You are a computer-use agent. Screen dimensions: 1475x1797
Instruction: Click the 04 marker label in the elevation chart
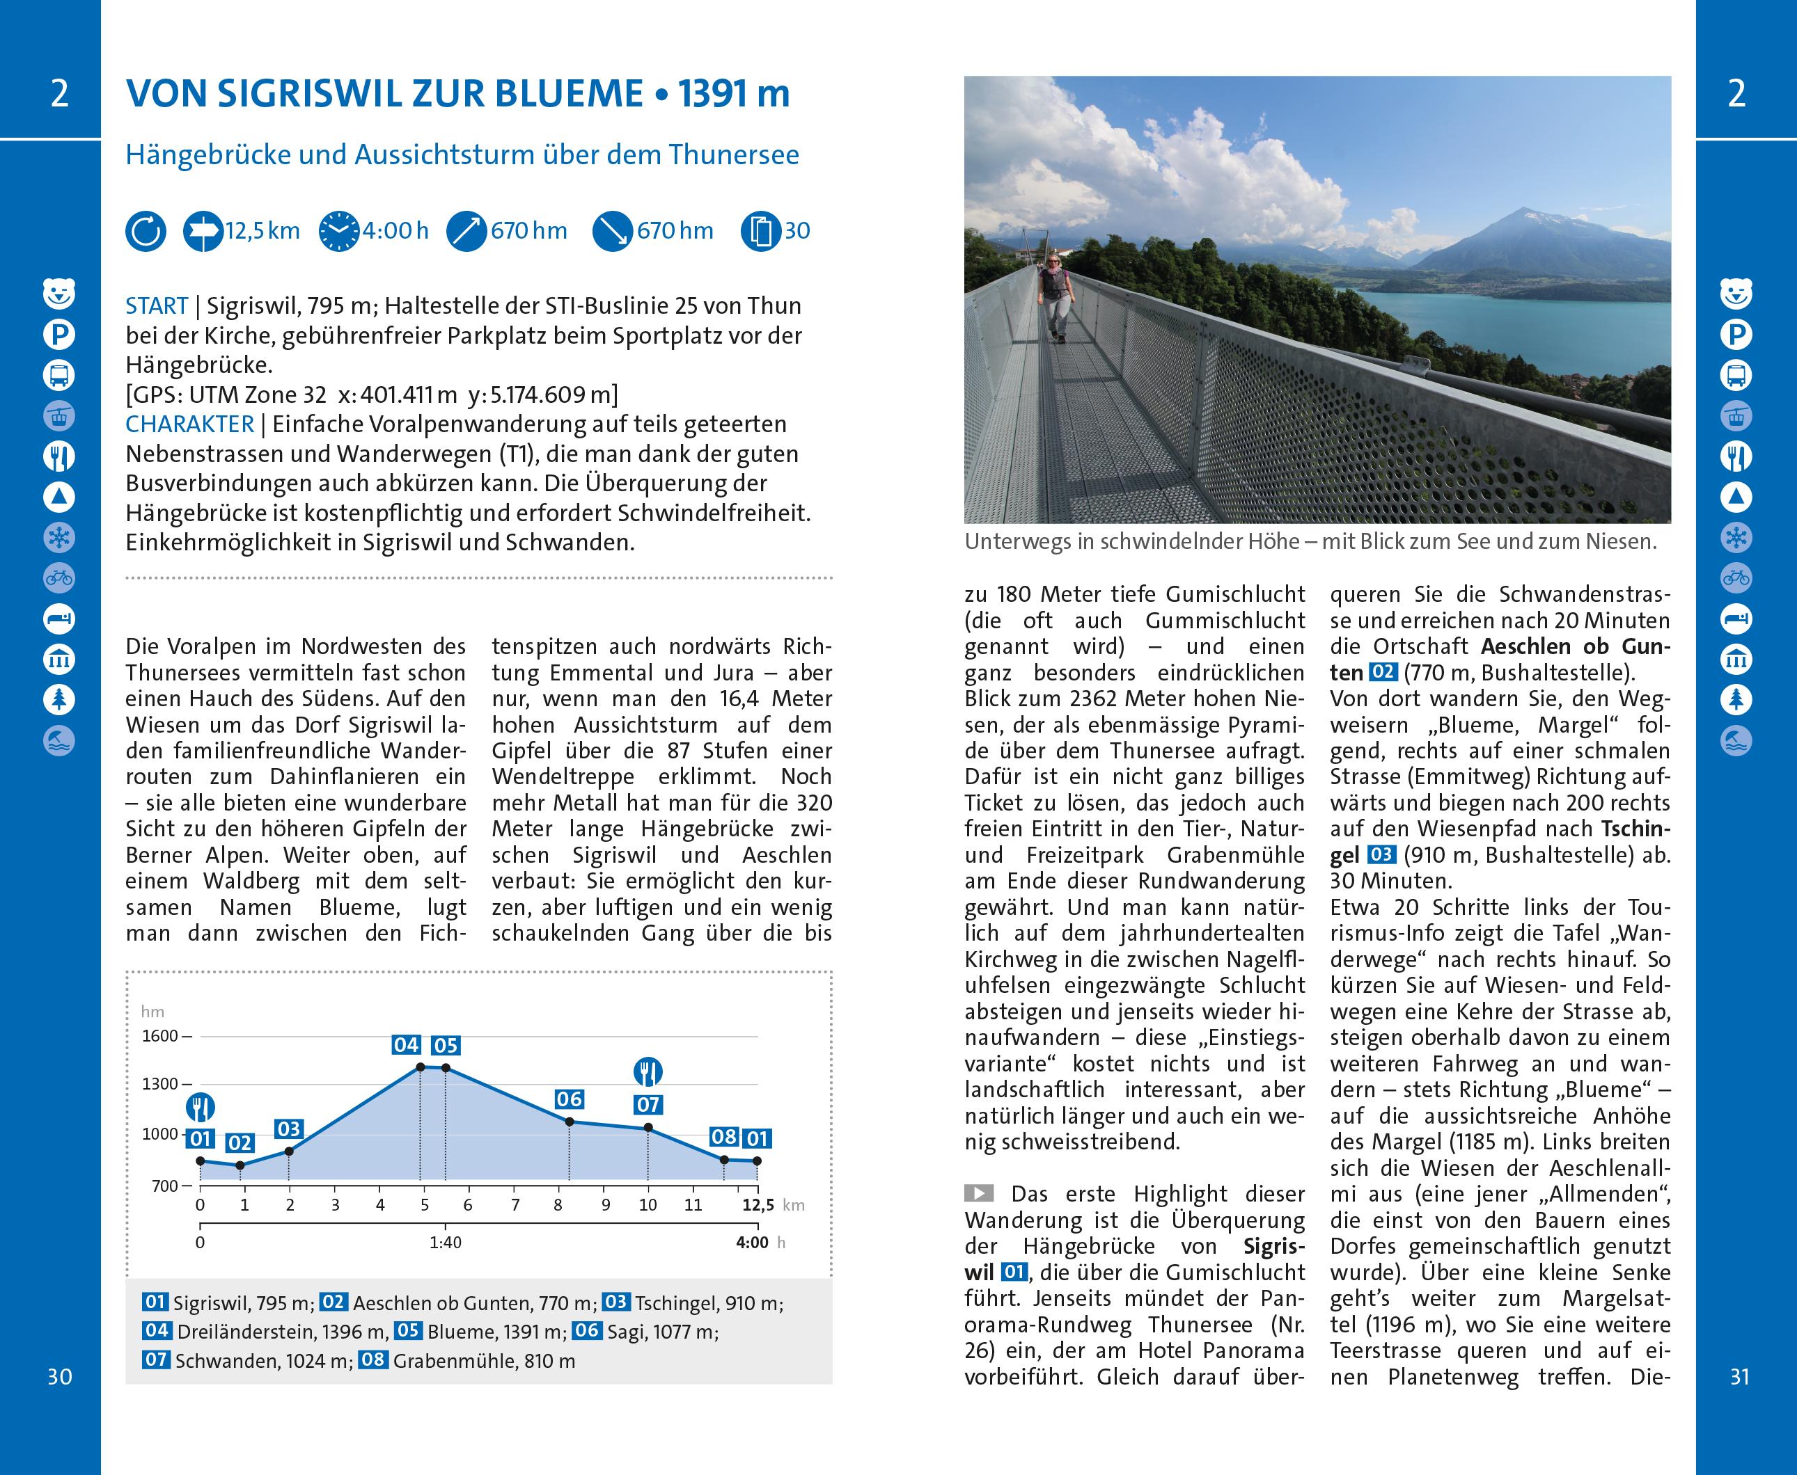(405, 1045)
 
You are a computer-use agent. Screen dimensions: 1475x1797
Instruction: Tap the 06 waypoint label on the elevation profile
(569, 1099)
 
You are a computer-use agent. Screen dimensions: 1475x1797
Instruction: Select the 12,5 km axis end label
(758, 1205)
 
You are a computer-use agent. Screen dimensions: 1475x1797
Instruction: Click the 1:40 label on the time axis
(445, 1242)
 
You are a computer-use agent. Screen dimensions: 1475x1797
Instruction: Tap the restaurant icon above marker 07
(648, 1072)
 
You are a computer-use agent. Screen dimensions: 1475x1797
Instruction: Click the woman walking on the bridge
(1055, 296)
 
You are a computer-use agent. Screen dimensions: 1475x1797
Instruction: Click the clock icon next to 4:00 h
(338, 231)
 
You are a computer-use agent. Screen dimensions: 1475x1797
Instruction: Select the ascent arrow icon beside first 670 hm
(466, 231)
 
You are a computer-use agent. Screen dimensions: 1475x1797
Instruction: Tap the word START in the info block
(157, 306)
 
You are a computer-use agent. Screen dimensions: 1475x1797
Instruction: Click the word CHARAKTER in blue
(189, 424)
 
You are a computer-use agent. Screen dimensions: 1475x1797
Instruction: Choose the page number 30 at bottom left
(59, 1376)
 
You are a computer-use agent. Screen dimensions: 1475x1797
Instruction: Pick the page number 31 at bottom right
(1739, 1376)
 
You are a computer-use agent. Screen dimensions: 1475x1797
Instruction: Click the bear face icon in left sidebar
(58, 294)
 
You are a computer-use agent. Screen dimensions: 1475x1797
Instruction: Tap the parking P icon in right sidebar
(1736, 335)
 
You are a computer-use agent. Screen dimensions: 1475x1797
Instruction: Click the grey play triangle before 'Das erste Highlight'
(978, 1194)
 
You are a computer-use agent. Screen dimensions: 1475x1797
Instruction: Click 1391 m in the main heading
(734, 93)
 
